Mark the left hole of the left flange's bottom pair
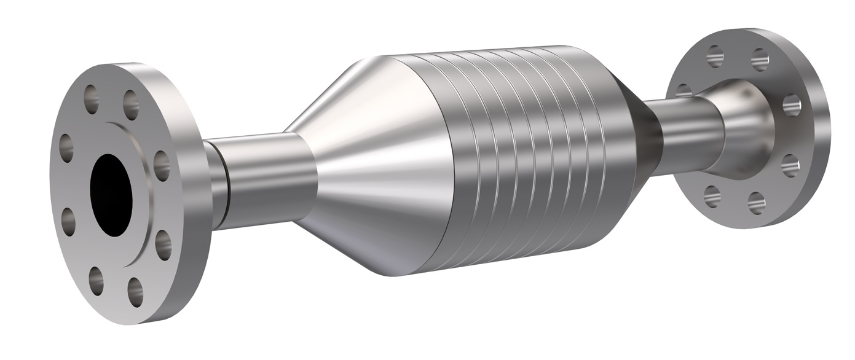pyautogui.click(x=96, y=280)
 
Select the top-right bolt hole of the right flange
pyautogui.click(x=760, y=60)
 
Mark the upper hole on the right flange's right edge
pyautogui.click(x=792, y=104)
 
